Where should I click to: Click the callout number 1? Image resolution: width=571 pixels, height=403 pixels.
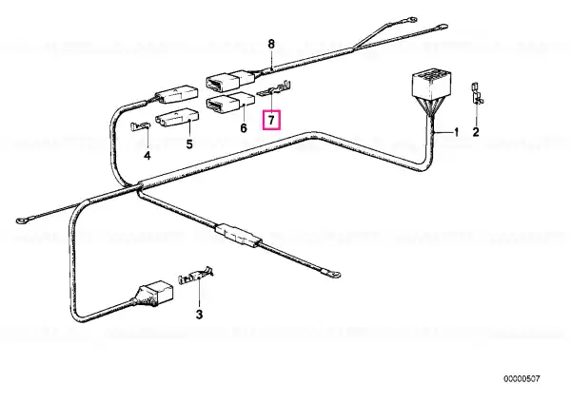tap(456, 132)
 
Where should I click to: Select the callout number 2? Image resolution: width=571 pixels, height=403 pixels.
tap(476, 132)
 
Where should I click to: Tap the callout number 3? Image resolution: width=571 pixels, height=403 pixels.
tap(199, 315)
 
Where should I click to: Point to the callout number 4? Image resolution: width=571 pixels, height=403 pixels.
tap(147, 156)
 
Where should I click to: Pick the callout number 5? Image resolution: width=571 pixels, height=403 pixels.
tap(189, 144)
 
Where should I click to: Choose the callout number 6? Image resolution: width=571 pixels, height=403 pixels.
tap(244, 127)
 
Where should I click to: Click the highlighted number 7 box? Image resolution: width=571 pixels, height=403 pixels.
tap(271, 120)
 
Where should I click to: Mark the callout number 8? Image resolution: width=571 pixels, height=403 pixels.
tap(271, 45)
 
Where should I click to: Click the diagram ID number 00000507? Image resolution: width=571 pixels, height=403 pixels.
tap(522, 379)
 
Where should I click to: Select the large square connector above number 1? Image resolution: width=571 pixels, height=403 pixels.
tap(429, 85)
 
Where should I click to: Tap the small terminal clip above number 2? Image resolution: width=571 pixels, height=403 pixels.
tap(478, 93)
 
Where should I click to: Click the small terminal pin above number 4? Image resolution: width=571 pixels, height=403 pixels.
tap(140, 126)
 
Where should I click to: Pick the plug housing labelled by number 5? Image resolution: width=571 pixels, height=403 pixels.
tap(177, 120)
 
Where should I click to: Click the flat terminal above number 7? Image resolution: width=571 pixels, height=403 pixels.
tap(275, 89)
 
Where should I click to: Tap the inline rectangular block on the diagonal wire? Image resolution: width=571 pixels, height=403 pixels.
tap(239, 235)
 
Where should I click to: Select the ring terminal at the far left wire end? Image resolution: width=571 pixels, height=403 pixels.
tap(21, 221)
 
